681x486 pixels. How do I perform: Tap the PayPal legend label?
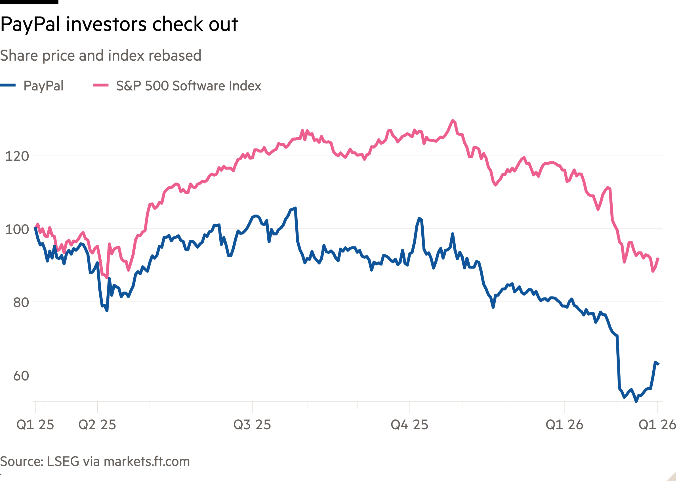tap(43, 86)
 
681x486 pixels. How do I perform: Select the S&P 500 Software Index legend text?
tap(189, 86)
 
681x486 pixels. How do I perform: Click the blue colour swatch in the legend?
tap(8, 85)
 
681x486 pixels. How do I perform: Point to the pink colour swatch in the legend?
tap(101, 85)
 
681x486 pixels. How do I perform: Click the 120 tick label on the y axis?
tap(17, 156)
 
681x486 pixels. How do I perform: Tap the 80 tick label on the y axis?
tap(21, 303)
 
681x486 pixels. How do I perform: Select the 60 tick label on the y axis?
tap(21, 376)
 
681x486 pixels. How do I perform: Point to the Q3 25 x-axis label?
tap(252, 425)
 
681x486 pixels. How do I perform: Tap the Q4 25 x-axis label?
tap(409, 425)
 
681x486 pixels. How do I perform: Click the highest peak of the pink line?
tap(453, 120)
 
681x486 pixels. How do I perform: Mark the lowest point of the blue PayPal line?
tap(636, 402)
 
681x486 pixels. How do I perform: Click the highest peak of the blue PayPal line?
tap(296, 207)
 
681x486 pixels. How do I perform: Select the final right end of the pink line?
tap(659, 258)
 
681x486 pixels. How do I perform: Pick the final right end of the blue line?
tap(659, 364)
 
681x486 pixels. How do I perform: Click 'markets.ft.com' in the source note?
tap(147, 462)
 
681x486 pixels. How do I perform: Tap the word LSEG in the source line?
tap(63, 462)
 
